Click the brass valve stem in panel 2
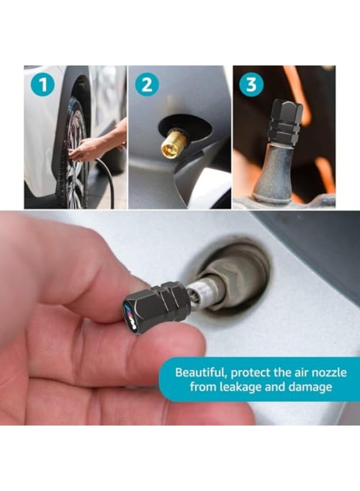(175, 143)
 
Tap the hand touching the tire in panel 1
(87, 148)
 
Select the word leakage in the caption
(252, 387)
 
